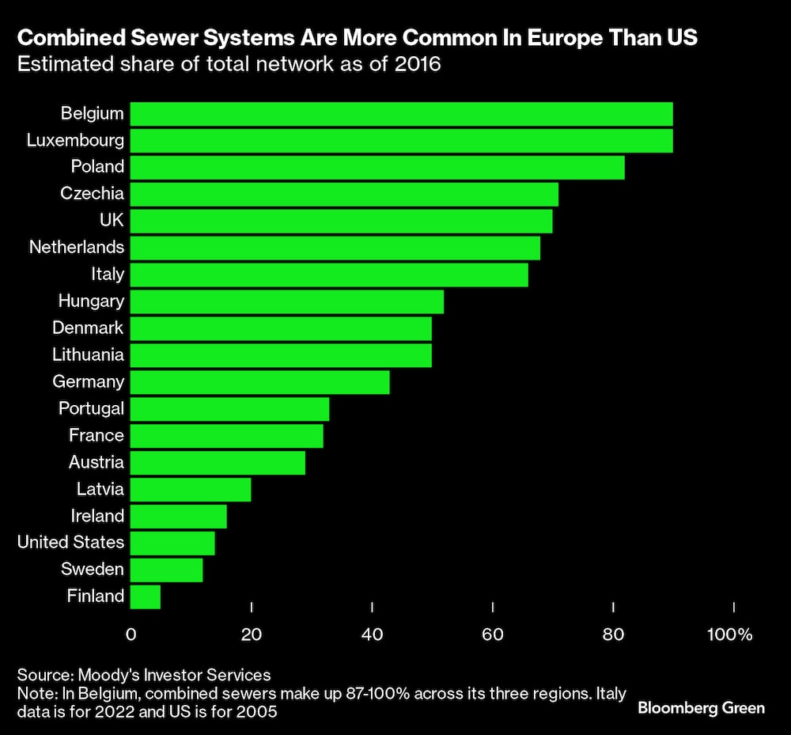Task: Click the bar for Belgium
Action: (x=401, y=113)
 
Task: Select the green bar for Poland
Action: (x=377, y=167)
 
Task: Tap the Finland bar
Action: (x=146, y=597)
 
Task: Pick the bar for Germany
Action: (x=259, y=382)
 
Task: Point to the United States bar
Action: (x=172, y=543)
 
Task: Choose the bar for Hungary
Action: (x=286, y=301)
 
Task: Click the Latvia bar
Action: (x=191, y=490)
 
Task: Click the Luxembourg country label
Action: (x=75, y=140)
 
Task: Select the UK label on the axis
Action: (x=112, y=220)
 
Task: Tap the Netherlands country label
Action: (x=77, y=247)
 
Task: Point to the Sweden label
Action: (x=93, y=569)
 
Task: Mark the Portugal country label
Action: (x=91, y=408)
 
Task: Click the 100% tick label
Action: (x=730, y=635)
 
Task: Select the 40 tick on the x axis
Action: (x=372, y=635)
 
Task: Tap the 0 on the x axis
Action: (x=131, y=635)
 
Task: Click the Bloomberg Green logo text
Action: (x=701, y=707)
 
